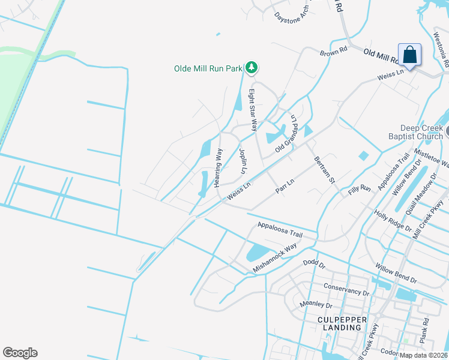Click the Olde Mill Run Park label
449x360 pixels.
208,68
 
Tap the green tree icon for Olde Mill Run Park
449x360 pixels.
253,68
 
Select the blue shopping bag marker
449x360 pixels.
409,55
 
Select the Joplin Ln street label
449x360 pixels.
243,161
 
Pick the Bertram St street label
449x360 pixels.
324,170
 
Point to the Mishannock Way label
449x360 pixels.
274,259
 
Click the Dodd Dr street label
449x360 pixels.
313,263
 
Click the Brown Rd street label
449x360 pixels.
334,53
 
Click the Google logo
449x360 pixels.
20,353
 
